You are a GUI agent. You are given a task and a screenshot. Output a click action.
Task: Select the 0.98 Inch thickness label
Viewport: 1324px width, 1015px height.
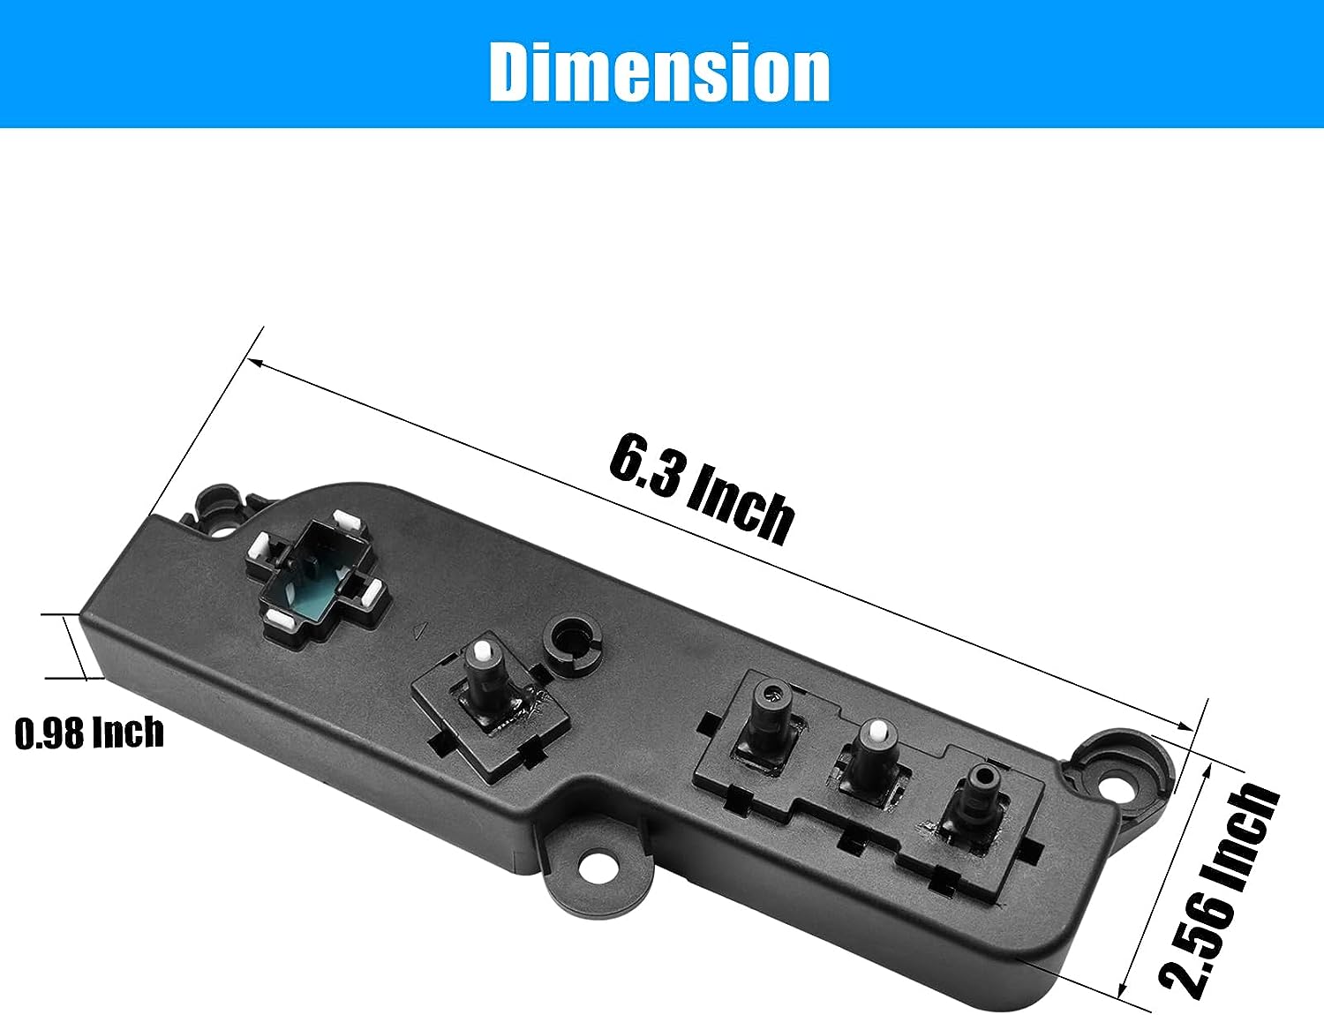tap(89, 733)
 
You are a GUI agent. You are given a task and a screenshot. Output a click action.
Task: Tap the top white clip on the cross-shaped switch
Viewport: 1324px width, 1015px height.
tap(347, 522)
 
